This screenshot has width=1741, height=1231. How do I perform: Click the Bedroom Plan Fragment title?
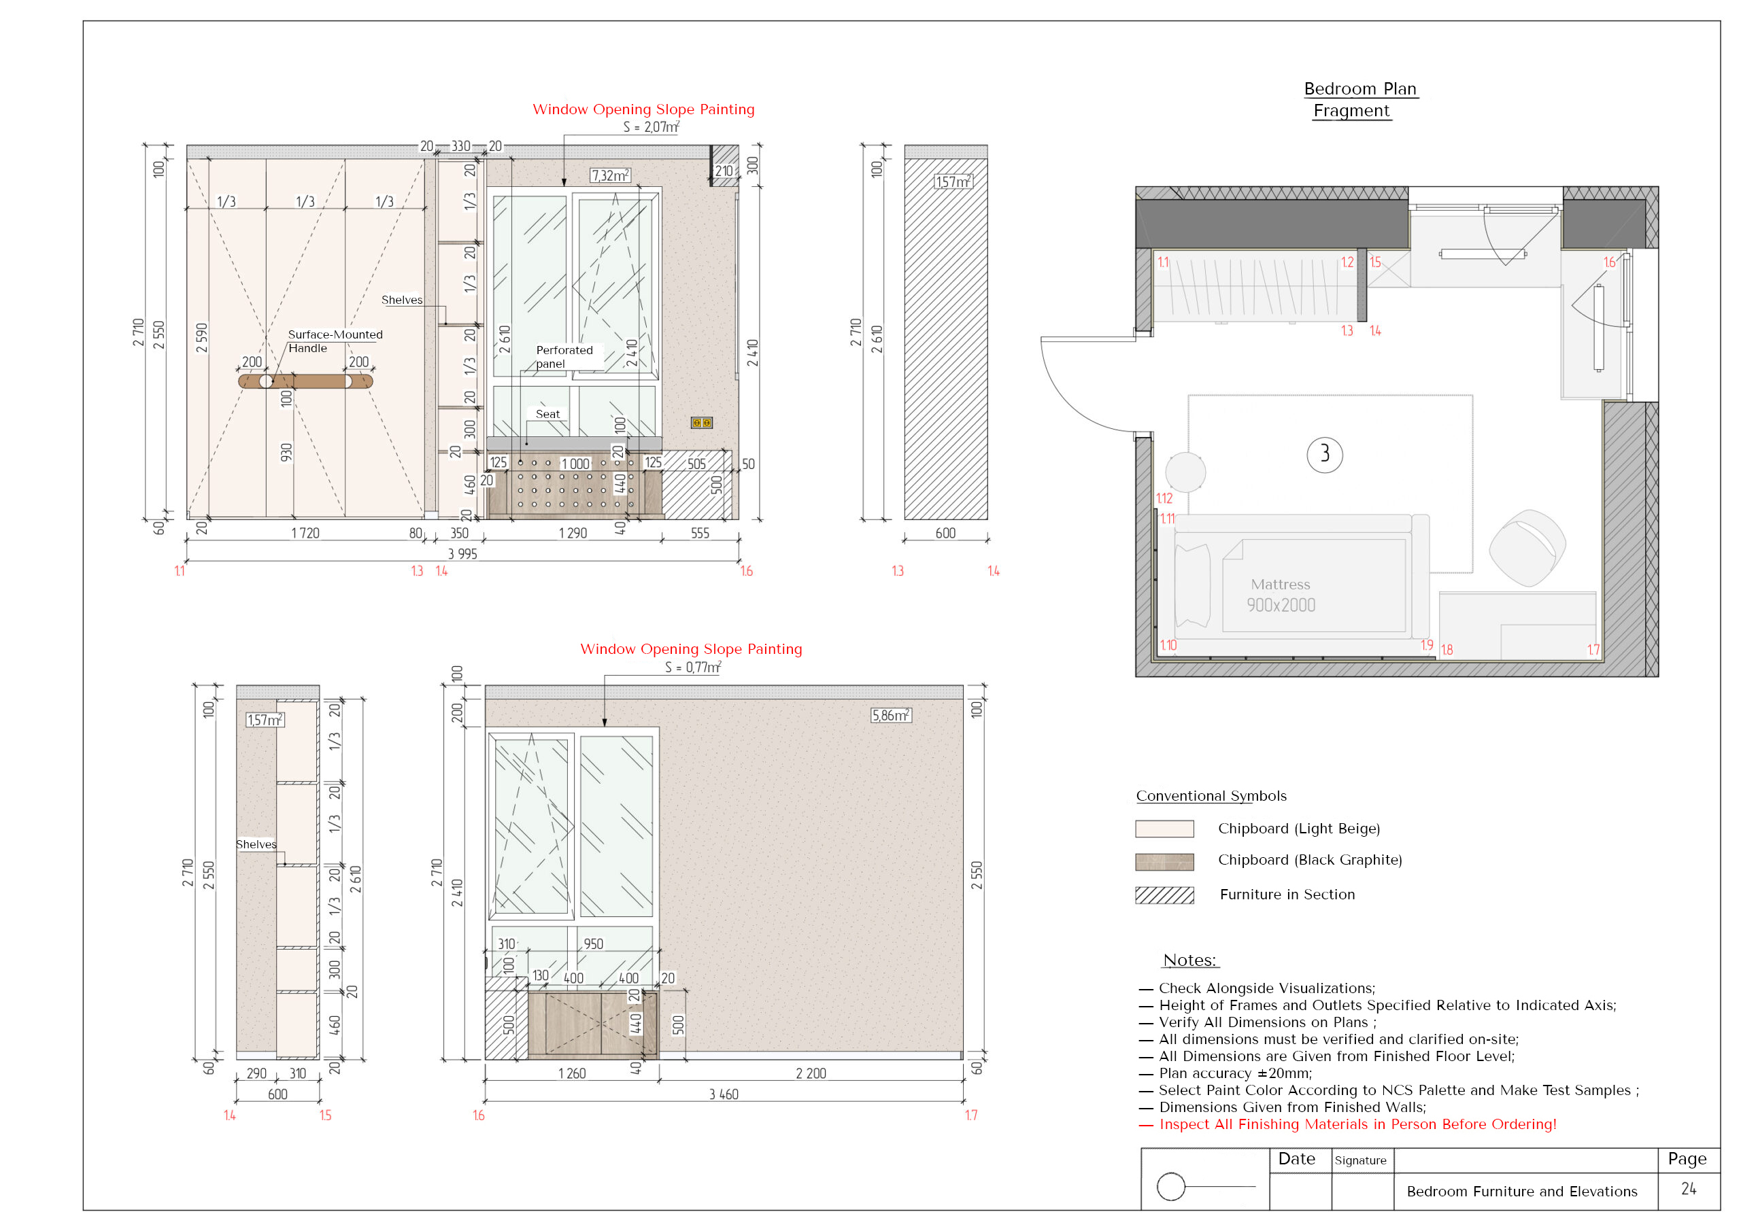coord(1359,99)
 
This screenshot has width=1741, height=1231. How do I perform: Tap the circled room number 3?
coord(1324,455)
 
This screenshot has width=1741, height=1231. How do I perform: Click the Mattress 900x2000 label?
coord(1281,595)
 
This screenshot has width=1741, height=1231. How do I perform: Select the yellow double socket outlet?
coord(701,423)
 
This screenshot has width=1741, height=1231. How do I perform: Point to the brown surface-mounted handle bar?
coord(305,381)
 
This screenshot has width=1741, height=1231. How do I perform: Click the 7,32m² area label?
coord(611,176)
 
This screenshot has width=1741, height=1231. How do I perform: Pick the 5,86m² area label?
coord(891,716)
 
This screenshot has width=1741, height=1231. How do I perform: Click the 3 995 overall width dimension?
coord(462,554)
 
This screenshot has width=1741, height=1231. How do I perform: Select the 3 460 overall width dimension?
coord(724,1094)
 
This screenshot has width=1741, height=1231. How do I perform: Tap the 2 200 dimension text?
coord(811,1073)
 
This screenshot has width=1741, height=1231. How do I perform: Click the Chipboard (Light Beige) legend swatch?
coord(1164,829)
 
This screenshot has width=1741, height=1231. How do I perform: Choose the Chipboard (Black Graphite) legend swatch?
coord(1164,862)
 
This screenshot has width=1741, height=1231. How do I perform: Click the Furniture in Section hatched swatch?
coord(1164,895)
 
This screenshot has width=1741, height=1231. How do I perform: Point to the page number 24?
coord(1688,1189)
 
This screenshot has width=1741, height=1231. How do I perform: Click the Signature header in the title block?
coord(1360,1160)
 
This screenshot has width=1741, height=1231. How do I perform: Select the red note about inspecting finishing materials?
coord(1347,1124)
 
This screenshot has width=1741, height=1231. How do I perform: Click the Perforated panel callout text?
coord(564,357)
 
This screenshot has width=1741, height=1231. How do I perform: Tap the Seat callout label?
coord(547,414)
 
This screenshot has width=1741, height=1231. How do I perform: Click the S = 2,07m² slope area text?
coord(652,126)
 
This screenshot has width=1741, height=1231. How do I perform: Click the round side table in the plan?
coord(1185,472)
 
